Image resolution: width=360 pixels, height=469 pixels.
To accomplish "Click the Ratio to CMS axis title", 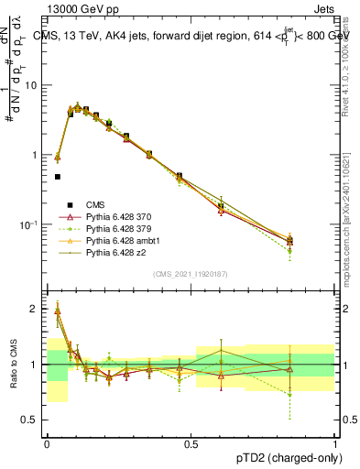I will coord(13,364).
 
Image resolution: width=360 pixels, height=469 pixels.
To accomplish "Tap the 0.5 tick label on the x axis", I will coord(191,442).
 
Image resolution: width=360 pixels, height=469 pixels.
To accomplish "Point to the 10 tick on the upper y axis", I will coord(31,85).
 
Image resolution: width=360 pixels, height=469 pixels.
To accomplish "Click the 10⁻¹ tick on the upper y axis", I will coord(29,224).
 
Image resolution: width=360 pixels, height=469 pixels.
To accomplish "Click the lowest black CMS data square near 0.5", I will coord(58,177).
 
